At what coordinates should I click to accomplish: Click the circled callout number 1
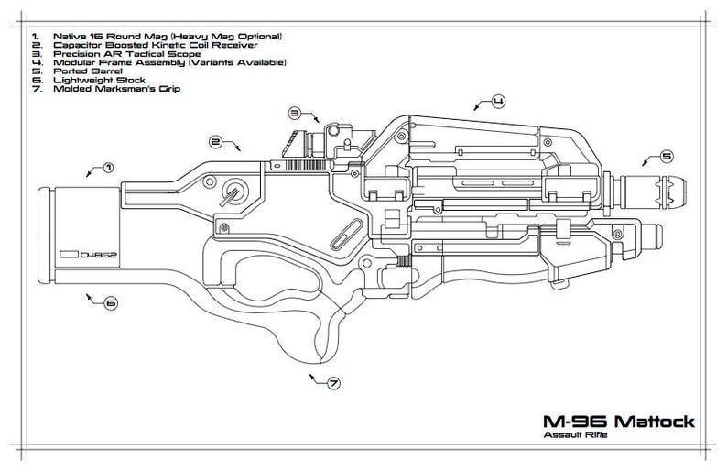[108, 168]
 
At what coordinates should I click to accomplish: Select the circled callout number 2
[216, 141]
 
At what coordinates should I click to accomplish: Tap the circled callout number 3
[295, 113]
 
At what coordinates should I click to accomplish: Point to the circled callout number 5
[667, 156]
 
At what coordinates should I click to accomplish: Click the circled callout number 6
[110, 303]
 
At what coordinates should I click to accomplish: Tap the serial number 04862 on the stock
[95, 255]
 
